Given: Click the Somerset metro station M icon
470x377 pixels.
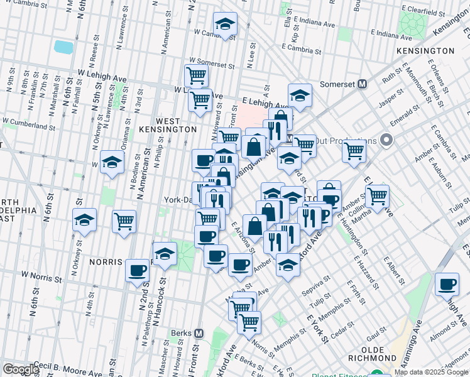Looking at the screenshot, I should (362, 84).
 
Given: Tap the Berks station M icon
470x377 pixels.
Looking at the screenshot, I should (199, 333).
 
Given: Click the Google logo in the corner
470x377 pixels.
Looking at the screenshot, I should (20, 369).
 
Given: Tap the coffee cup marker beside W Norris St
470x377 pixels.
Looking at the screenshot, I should (137, 271).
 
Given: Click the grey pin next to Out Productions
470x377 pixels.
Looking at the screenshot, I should (385, 140).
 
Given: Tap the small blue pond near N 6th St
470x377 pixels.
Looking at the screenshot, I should (63, 46).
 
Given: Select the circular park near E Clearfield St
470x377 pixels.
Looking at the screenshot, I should (413, 25).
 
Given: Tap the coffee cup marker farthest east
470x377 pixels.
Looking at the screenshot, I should (447, 284).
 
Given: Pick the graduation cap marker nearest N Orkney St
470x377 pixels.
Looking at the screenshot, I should (84, 221).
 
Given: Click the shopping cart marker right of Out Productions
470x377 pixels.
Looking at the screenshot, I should (354, 150).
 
